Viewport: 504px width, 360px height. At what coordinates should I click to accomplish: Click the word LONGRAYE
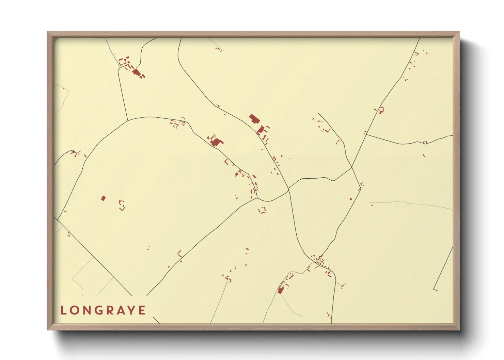103,310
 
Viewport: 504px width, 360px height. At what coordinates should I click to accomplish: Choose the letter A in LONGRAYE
123,310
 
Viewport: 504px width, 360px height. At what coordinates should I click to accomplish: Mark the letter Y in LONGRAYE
133,310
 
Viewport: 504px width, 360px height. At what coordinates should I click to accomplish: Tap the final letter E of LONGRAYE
143,310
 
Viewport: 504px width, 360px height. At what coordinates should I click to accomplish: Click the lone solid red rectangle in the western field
103,198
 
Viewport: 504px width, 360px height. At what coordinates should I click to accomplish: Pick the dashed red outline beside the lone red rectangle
122,205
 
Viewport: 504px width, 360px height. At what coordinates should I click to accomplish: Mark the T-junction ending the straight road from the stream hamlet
127,120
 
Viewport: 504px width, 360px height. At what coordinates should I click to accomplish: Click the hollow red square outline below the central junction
262,210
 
